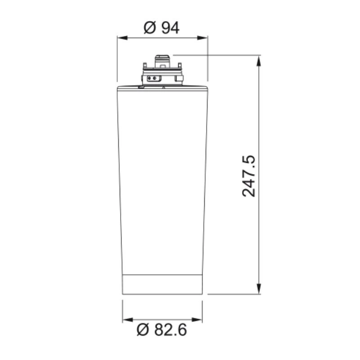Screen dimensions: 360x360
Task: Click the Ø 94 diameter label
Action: (x=162, y=28)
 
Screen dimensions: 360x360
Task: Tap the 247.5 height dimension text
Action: (x=249, y=176)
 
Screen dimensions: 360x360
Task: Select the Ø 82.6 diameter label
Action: (x=162, y=330)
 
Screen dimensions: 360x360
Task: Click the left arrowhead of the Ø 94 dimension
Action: (x=122, y=38)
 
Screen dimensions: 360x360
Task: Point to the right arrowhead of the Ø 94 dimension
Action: (x=202, y=38)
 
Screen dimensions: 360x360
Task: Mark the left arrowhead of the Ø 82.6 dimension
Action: (x=128, y=319)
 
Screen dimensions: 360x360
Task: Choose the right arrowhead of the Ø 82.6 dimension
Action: (x=197, y=319)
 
